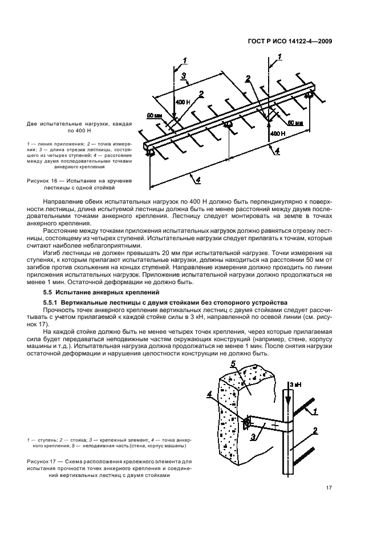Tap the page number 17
pyautogui.click(x=329, y=488)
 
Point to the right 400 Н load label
pyautogui.click(x=278, y=133)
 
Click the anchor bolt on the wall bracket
pyautogui.click(x=245, y=423)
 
